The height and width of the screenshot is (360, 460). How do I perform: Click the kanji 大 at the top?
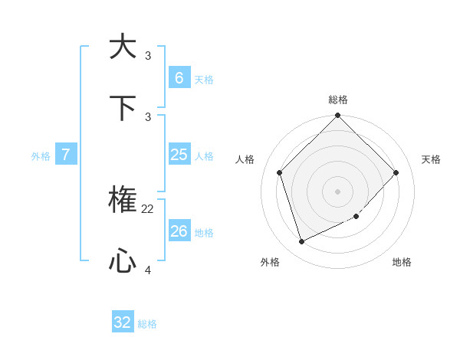point(123,47)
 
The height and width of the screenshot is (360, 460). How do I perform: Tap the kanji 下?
point(123,107)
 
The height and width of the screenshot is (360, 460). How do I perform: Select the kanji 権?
point(123,201)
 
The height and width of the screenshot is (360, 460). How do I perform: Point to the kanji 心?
point(123,262)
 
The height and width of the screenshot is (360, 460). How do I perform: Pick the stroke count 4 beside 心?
point(148,270)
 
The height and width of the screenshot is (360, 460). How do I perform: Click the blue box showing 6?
point(179,77)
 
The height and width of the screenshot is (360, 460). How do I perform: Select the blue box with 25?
point(179,155)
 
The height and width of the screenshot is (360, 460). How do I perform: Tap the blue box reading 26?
point(179,231)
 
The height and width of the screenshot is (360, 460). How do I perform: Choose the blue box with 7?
point(66,155)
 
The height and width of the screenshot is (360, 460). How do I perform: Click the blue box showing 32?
point(123,322)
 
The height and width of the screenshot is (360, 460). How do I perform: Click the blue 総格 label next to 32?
point(147,324)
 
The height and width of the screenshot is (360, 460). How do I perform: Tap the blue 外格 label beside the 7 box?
point(41,156)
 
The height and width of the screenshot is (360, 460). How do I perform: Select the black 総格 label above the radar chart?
point(338,100)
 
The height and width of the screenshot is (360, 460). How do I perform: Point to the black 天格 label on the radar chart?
point(431,159)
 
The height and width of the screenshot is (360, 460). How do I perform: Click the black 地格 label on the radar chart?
point(402,262)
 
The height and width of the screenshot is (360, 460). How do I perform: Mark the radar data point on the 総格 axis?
point(338,116)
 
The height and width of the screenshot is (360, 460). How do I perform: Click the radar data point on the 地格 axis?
point(356,216)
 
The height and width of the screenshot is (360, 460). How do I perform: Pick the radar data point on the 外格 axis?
point(301,242)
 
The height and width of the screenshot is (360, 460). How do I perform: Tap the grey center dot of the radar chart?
point(338,191)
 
